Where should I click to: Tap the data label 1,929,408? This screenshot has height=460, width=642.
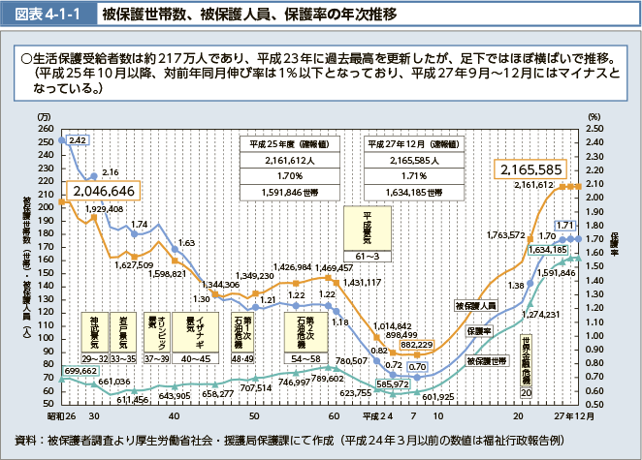[x=104, y=209]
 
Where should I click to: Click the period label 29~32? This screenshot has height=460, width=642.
[x=94, y=358]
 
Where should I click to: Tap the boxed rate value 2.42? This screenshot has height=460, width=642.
[x=79, y=140]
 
